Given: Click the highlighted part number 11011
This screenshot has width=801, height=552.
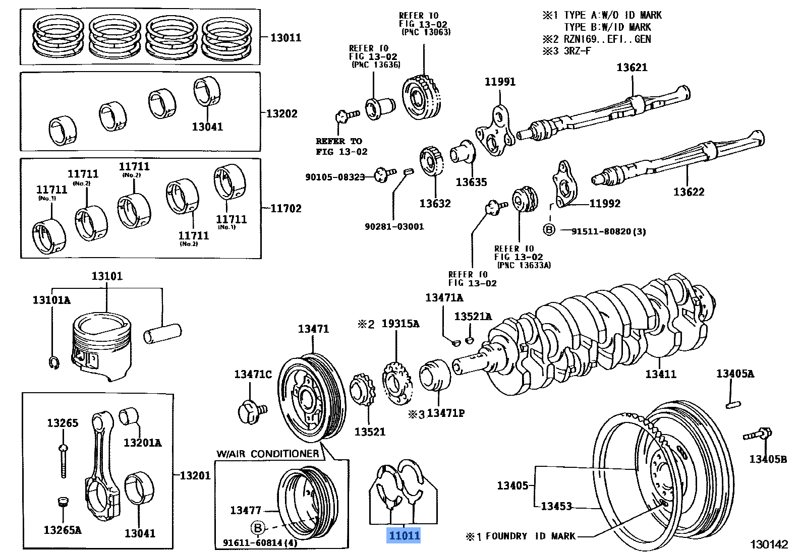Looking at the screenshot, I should coord(403,535).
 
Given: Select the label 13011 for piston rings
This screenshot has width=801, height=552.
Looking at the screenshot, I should coord(285,37).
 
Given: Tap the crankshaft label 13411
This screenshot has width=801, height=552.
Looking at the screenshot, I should coord(661,374).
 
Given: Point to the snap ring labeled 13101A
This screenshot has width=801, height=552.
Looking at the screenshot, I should coord(54,362).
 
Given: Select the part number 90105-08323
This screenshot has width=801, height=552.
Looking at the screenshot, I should coord(334,177).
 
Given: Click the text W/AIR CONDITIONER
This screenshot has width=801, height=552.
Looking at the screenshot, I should coord(267,453).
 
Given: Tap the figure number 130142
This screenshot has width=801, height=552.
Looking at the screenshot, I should coord(768,544).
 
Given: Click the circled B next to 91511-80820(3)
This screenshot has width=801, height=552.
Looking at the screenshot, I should coord(549,230).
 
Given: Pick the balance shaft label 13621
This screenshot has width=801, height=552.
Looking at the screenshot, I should coord(632,68).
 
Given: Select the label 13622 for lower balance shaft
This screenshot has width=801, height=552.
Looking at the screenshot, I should coord(689,192).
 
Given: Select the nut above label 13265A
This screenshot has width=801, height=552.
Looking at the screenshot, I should coord(62,502).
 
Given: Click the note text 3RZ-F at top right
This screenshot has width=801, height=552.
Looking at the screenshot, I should coord(578,51).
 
